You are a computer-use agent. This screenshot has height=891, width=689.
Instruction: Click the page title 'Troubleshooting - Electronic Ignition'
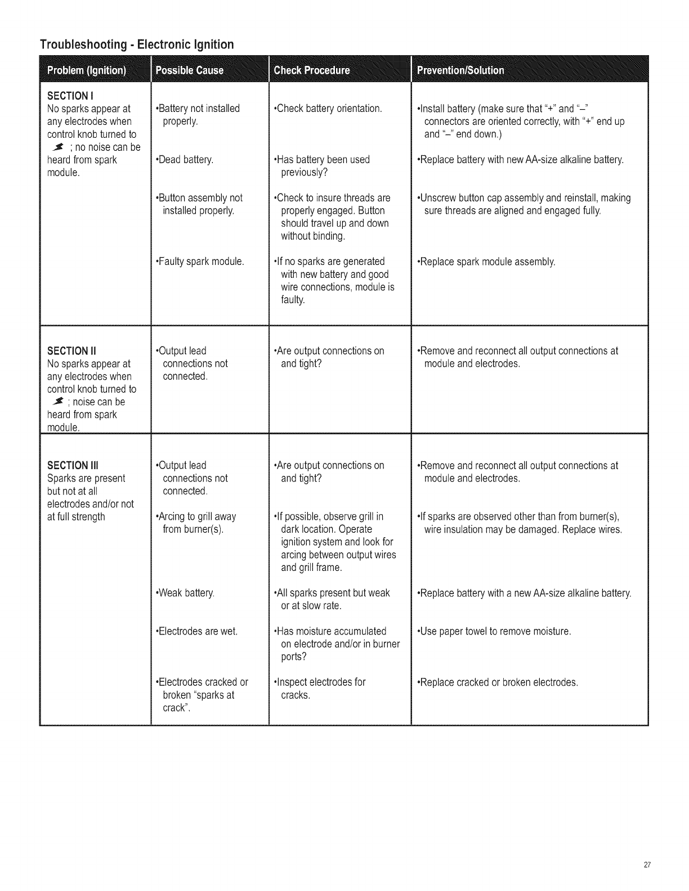pos(136,44)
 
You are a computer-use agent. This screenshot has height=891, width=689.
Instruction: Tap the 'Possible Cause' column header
pos(189,70)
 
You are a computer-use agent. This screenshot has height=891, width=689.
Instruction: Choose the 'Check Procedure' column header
pos(311,70)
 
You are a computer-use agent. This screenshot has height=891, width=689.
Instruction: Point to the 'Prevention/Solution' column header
pos(460,70)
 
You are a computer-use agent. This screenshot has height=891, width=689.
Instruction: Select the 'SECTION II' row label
pos(72,351)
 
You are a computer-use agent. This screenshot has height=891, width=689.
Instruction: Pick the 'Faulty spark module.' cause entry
pos(200,262)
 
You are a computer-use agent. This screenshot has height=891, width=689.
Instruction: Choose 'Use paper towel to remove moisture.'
pos(494,631)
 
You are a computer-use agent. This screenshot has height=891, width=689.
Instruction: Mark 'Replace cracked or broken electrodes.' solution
pos(498,682)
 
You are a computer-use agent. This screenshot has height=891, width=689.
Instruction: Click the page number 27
pos(647,865)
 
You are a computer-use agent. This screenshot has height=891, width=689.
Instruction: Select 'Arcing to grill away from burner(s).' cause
pos(195,523)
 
